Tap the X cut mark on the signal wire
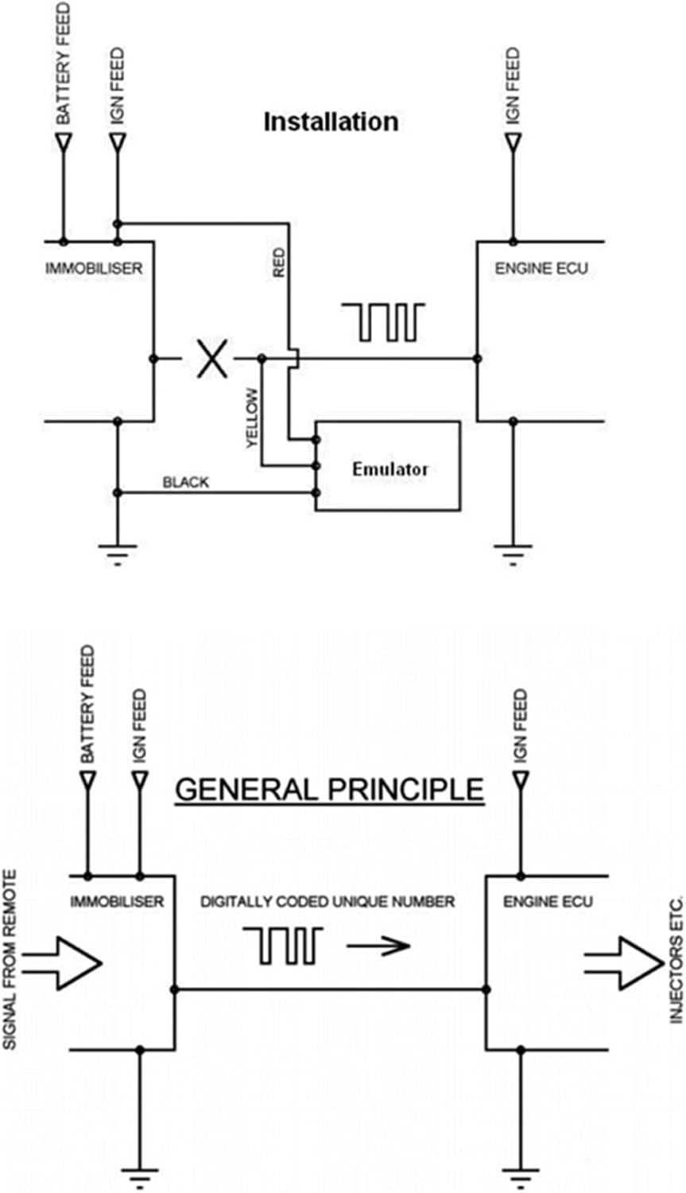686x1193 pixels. pyautogui.click(x=212, y=359)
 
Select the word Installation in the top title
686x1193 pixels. pyautogui.click(x=331, y=122)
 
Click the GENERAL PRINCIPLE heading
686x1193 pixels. pyautogui.click(x=329, y=789)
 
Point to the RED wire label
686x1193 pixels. pyautogui.click(x=278, y=262)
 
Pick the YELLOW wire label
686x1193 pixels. pyautogui.click(x=252, y=418)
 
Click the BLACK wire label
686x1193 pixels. pyautogui.click(x=185, y=482)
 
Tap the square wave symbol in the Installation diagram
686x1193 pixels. pyautogui.click(x=383, y=321)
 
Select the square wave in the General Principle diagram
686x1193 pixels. pyautogui.click(x=283, y=946)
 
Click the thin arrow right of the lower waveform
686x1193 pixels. pyautogui.click(x=378, y=946)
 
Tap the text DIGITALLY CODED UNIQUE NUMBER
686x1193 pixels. pyautogui.click(x=327, y=902)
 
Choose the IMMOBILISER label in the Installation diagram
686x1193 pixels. pyautogui.click(x=94, y=268)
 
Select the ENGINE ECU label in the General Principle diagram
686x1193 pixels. pyautogui.click(x=548, y=902)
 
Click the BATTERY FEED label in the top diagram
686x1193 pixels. pyautogui.click(x=63, y=64)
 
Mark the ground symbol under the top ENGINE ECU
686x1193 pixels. pyautogui.click(x=513, y=550)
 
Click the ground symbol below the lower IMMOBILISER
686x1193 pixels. pyautogui.click(x=140, y=1174)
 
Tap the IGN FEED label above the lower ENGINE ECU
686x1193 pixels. pyautogui.click(x=520, y=727)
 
